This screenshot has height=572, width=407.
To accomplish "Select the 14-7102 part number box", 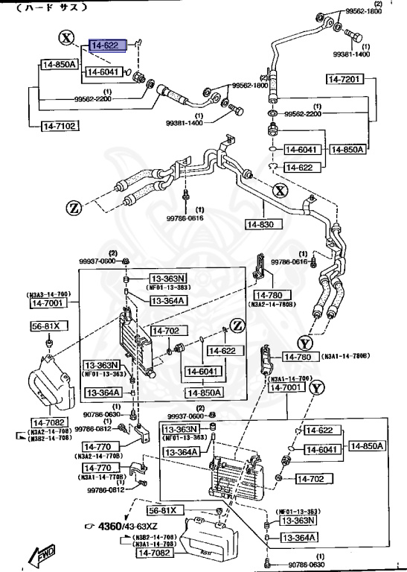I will tap(59, 127).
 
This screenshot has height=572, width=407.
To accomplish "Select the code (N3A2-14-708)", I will tap(51, 431).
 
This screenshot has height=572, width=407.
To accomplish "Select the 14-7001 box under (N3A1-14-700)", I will tap(283, 387).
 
